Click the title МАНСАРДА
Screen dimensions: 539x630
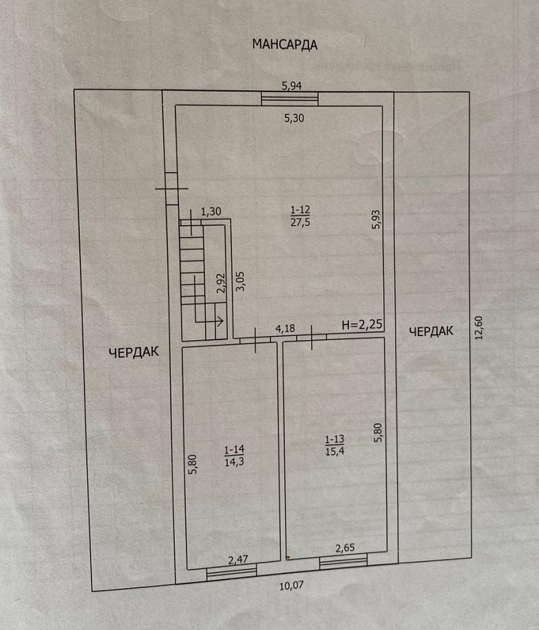pos(285,44)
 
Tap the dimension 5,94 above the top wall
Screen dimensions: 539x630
pos(292,85)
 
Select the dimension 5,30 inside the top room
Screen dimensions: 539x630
pos(294,118)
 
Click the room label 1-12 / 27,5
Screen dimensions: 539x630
pos(300,216)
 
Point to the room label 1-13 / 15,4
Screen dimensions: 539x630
pos(335,445)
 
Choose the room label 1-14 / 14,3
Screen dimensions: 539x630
pos(234,456)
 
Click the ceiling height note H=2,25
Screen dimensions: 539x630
pos(361,325)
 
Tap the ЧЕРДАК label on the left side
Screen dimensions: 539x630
pos(134,353)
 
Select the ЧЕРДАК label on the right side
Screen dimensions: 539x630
pos(431,331)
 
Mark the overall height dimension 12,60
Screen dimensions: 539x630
pos(478,328)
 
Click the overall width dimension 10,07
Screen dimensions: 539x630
pos(292,586)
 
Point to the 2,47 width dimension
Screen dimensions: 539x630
pos(237,560)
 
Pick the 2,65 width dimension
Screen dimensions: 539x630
pos(345,548)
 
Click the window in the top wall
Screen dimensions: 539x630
pos(290,99)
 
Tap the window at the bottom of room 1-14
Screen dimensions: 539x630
pos(231,572)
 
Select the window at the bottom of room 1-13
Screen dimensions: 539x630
pos(344,561)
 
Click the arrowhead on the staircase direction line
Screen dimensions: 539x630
pos(220,321)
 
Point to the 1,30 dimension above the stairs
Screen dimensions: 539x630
pos(211,211)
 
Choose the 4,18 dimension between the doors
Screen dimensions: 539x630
pos(285,328)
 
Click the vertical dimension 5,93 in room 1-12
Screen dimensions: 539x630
pos(376,220)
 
